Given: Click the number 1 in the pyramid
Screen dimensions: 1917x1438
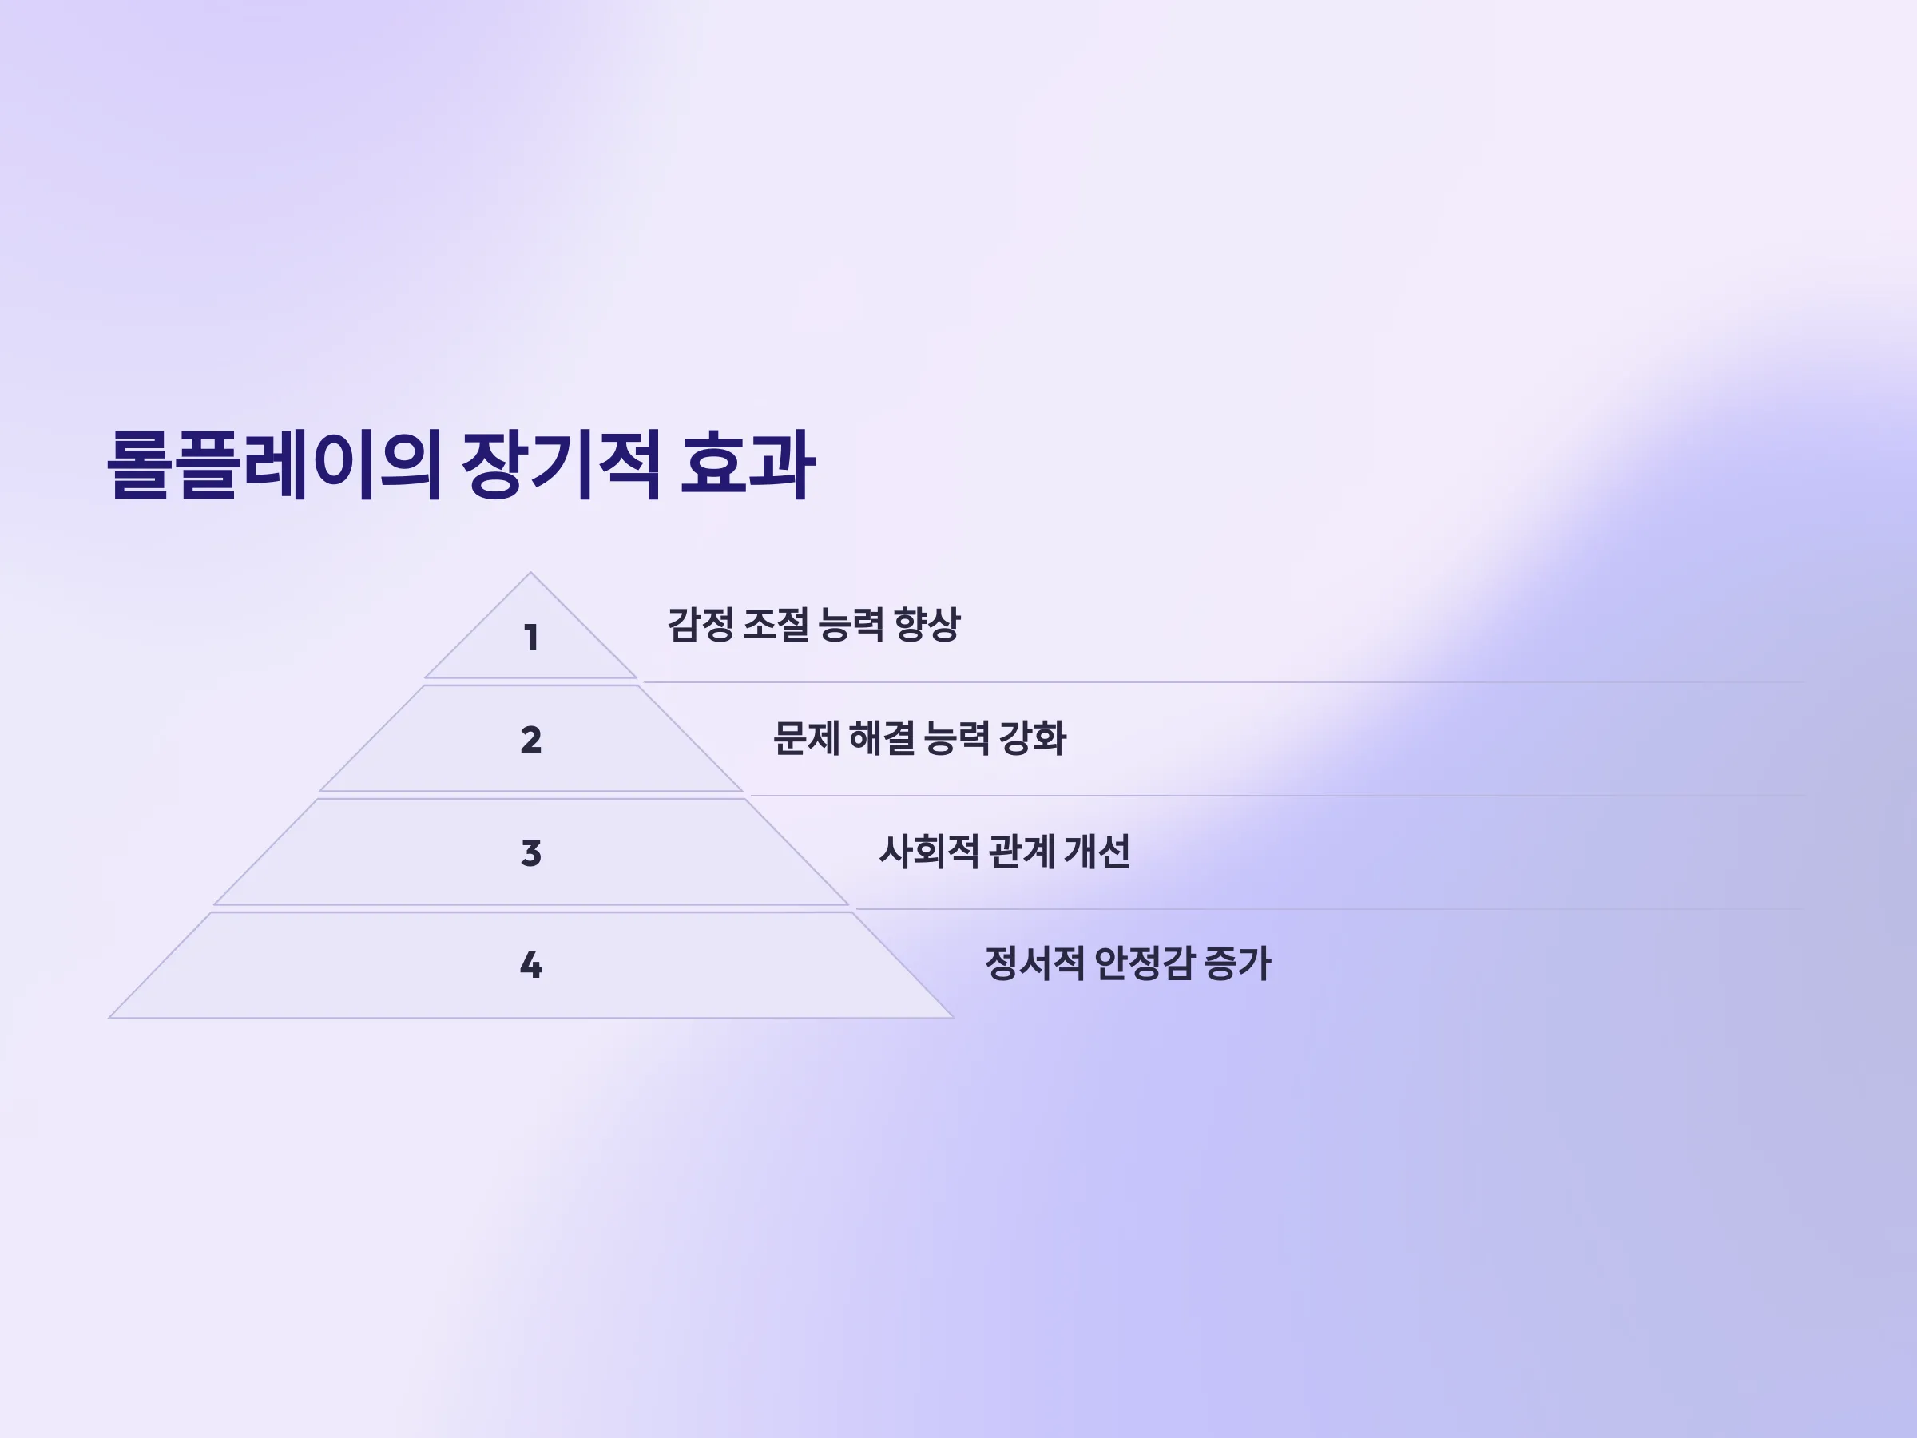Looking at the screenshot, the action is pos(531,638).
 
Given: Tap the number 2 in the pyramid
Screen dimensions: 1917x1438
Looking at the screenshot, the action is pos(531,739).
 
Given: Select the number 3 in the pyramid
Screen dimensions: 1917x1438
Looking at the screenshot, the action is pos(531,853).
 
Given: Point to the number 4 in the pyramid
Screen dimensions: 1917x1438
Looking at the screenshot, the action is pos(531,965).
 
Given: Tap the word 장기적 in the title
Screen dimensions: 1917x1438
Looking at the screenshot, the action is pos(562,465).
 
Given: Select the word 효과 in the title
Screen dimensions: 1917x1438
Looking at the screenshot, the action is pos(747,465).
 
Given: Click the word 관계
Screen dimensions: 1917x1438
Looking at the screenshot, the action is pos(1022,851).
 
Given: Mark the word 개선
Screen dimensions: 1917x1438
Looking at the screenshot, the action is pos(1097,851).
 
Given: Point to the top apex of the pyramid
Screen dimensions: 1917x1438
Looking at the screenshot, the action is pos(530,573).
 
